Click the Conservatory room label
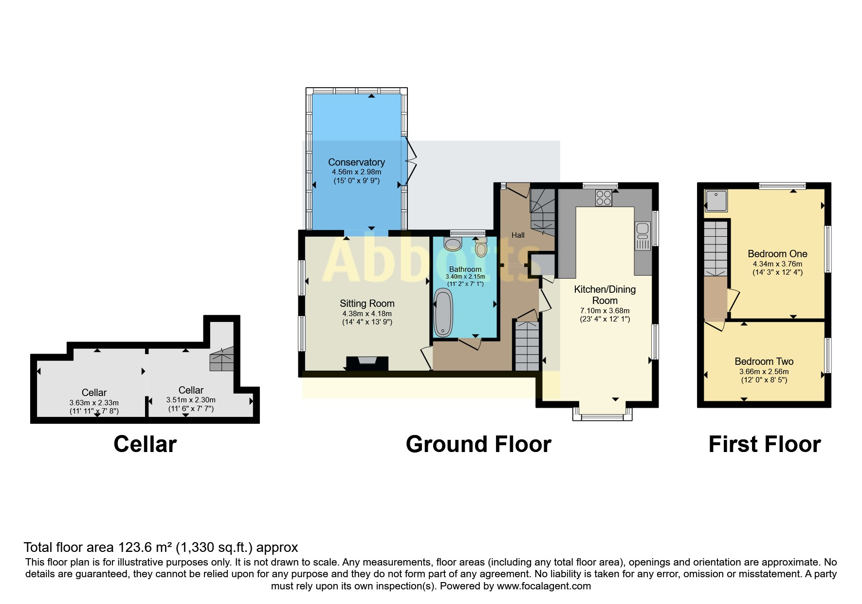coord(356,162)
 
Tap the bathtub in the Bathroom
coord(443,313)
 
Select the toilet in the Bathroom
coord(481,248)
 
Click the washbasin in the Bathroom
coord(453,244)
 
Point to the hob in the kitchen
coord(604,198)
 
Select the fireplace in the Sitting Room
coord(367,363)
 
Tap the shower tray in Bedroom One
coord(716,201)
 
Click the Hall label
coord(518,235)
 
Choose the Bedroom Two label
coord(764,361)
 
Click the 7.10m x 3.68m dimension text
coord(605,311)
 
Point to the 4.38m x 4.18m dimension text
coord(367,314)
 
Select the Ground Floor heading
coord(478,444)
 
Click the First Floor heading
coord(764,444)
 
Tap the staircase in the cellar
coord(222,360)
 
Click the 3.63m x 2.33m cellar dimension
coord(94,403)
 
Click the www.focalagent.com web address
coord(544,586)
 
